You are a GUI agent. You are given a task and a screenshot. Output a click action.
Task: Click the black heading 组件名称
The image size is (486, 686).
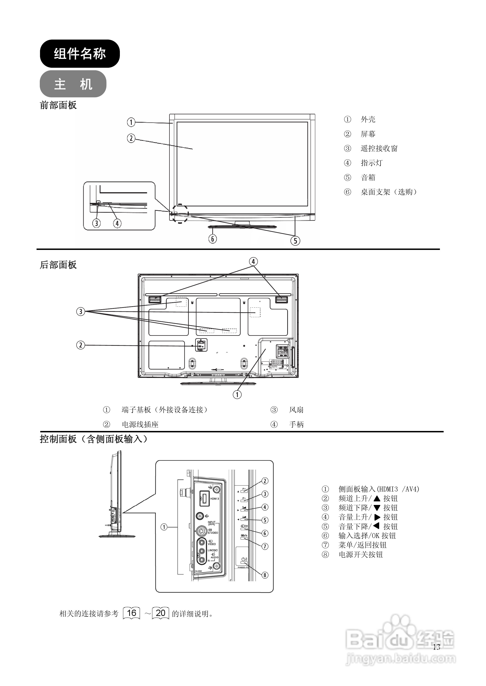80,54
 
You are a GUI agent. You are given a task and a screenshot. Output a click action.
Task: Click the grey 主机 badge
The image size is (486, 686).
73,84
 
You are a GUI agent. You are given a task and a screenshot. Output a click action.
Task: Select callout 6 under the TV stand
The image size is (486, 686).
213,239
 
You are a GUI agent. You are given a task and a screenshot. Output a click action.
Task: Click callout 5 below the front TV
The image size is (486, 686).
295,241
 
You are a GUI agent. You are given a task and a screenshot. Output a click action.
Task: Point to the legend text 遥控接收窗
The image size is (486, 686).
379,148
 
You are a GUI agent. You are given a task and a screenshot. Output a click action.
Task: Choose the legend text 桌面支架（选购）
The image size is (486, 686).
388,192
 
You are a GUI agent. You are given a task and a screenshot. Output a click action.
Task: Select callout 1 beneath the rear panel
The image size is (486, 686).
237,394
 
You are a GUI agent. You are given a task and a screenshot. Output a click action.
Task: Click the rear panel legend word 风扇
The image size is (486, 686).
296,410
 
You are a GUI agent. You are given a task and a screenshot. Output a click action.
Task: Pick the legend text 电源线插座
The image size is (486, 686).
140,424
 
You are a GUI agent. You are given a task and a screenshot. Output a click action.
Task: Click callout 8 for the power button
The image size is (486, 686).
265,575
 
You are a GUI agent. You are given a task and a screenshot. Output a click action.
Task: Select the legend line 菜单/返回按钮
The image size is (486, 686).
362,545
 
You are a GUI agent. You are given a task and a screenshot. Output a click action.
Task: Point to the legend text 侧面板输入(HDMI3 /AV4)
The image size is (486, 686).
378,489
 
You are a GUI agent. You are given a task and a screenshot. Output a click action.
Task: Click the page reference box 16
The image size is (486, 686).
131,613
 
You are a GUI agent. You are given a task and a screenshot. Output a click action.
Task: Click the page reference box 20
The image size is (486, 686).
161,613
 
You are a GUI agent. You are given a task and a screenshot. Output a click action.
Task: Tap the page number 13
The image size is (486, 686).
436,647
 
